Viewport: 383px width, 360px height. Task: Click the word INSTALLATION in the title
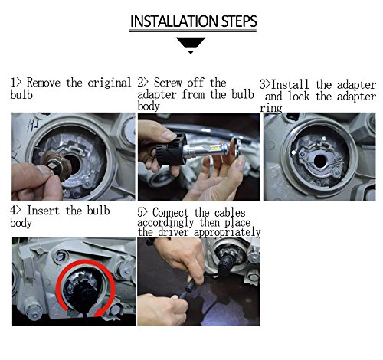point(175,21)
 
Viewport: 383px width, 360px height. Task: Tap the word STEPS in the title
point(239,21)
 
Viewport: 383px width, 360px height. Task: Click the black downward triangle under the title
point(191,44)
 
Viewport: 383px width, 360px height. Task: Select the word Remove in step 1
point(44,83)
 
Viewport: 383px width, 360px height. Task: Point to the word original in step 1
point(110,83)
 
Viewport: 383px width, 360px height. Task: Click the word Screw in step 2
point(168,83)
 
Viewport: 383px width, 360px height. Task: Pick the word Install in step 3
point(290,84)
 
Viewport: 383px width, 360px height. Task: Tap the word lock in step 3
point(299,97)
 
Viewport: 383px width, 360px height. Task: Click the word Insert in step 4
point(43,211)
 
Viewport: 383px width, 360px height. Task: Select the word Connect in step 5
point(171,213)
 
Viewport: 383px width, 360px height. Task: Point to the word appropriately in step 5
point(227,233)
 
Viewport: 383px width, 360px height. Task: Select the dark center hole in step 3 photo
point(320,161)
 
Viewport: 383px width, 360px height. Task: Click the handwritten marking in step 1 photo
point(34,126)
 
